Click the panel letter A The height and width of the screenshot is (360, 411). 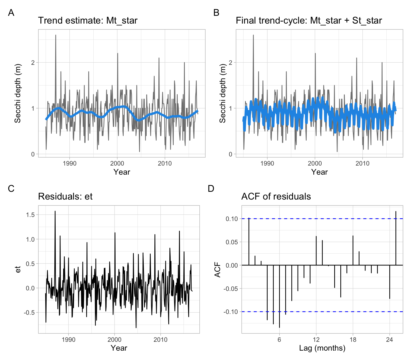[x=11, y=13]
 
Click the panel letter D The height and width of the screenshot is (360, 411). [x=211, y=189]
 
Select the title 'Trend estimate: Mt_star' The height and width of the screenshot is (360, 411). [x=87, y=20]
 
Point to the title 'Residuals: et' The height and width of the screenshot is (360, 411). [x=65, y=196]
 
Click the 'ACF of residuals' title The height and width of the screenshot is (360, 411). [x=276, y=196]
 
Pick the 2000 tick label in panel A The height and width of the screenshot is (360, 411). [x=117, y=163]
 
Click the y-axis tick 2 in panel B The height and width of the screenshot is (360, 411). [x=231, y=63]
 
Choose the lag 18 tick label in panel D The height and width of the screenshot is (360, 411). [x=353, y=340]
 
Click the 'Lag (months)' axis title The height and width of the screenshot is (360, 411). [x=322, y=348]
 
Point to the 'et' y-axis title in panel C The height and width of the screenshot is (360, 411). [x=18, y=269]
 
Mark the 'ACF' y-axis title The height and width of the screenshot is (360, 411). [x=218, y=269]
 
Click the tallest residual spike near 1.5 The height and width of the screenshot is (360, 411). [x=55, y=212]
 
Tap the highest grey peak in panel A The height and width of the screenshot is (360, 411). [x=56, y=35]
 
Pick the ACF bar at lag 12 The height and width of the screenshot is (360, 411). [x=316, y=251]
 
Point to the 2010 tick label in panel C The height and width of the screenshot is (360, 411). [x=160, y=340]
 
